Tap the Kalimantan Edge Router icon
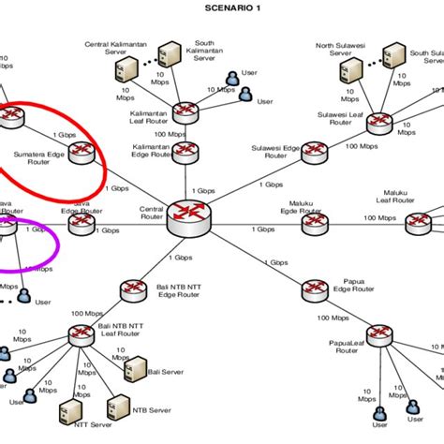(187, 150)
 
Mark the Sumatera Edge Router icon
(81, 150)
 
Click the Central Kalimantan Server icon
(130, 67)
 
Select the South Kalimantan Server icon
(169, 52)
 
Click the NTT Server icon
(67, 412)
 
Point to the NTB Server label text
(153, 409)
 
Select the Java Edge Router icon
(82, 225)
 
